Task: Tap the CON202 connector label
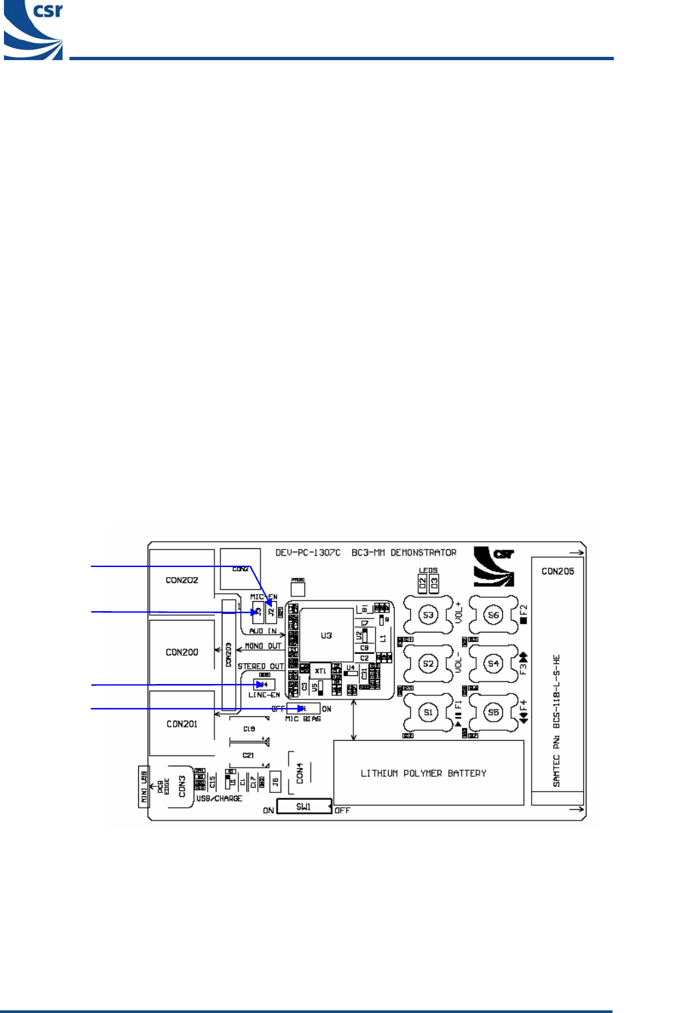tap(182, 580)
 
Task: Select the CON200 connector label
tap(182, 652)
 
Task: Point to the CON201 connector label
tap(182, 723)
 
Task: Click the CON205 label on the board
tap(558, 571)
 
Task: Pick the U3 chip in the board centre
tap(326, 635)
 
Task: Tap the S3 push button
tap(428, 614)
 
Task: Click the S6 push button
tap(493, 614)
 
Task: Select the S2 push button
tap(428, 663)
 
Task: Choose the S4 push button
tap(493, 663)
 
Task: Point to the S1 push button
tap(428, 712)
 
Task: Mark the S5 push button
tap(493, 712)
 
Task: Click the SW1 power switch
tap(304, 806)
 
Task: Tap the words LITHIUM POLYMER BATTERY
tap(423, 773)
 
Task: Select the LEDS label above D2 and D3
tap(428, 570)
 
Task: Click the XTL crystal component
tap(321, 671)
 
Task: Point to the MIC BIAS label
tap(303, 719)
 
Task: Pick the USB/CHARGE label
tap(219, 798)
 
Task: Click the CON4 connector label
tap(300, 773)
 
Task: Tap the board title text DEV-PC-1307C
tap(308, 552)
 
